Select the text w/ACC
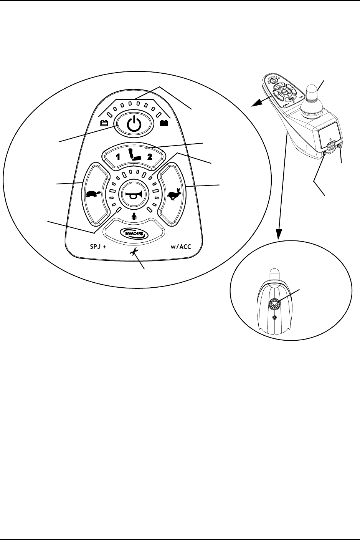pos(181,247)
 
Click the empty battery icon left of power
pos(104,124)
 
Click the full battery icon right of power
pos(163,124)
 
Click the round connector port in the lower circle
pos(276,303)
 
